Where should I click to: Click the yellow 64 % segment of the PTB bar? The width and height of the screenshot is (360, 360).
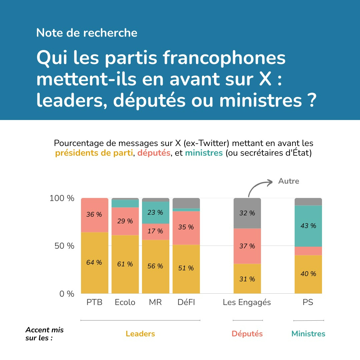(95, 262)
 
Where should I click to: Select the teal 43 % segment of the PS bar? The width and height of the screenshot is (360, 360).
(308, 226)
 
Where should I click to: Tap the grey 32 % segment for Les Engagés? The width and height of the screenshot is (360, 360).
(247, 213)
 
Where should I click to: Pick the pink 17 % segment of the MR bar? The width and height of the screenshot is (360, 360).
(155, 231)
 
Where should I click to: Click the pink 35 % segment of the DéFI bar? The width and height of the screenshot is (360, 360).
(186, 227)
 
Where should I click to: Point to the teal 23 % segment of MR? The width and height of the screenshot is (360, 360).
(155, 212)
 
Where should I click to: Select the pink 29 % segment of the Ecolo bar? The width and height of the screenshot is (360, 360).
(125, 221)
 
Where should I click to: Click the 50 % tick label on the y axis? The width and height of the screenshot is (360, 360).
(65, 246)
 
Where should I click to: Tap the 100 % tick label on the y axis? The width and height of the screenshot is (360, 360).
(62, 198)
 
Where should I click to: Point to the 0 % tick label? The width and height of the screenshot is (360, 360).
(67, 294)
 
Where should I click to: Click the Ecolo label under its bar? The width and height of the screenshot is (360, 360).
(125, 302)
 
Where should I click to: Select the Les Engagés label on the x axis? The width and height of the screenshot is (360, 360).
(247, 302)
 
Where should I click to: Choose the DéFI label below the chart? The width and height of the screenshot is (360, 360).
(186, 302)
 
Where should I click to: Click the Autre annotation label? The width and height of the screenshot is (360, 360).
(289, 181)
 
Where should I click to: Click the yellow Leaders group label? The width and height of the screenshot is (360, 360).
(140, 334)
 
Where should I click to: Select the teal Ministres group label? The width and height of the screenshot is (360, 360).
(308, 334)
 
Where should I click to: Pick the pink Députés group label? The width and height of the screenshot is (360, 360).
(247, 334)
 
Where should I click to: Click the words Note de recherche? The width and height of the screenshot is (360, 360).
(87, 33)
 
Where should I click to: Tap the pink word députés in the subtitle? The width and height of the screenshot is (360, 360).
(154, 153)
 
